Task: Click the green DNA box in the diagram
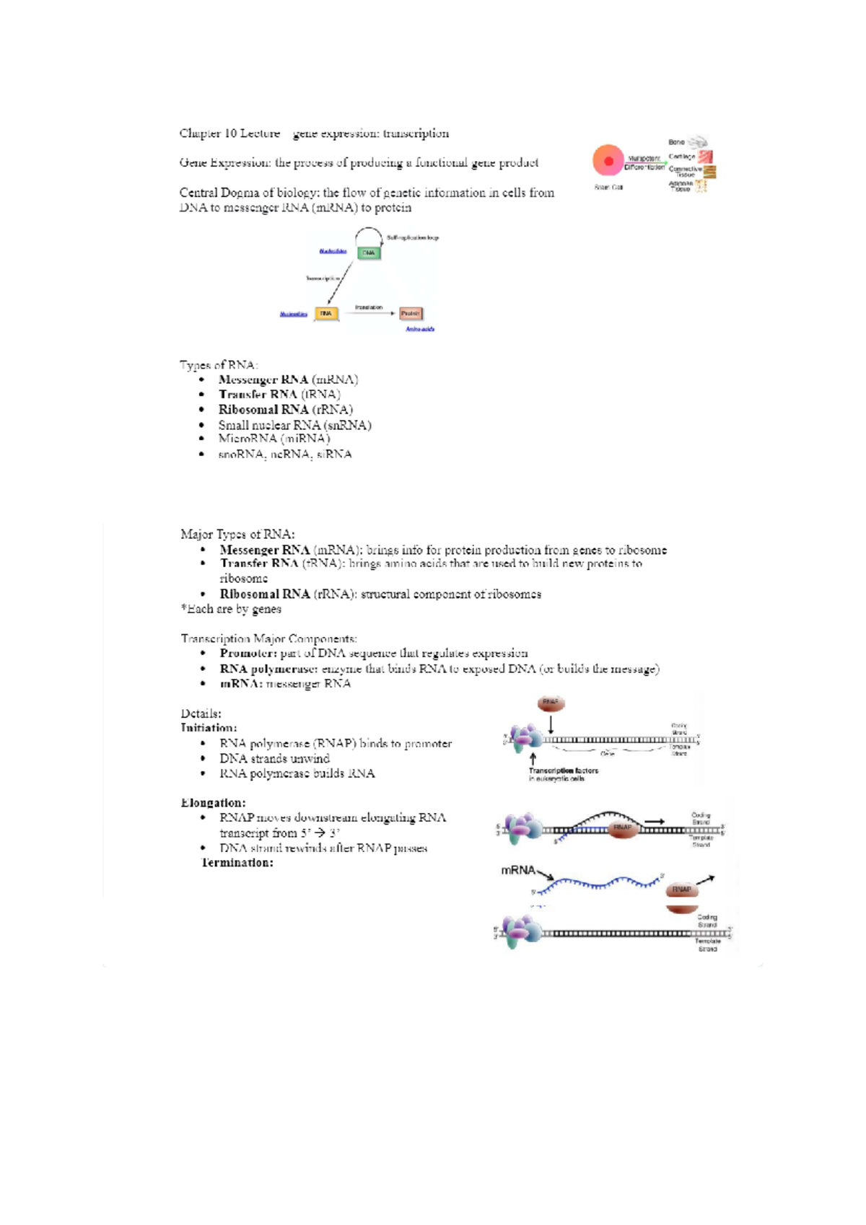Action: click(369, 253)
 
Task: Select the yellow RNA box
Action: click(326, 314)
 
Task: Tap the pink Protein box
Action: click(411, 314)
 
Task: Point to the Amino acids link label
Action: click(419, 329)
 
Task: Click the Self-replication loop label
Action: click(412, 237)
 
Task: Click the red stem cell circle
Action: click(608, 160)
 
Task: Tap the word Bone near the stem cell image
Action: click(676, 142)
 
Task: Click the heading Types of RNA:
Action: click(218, 365)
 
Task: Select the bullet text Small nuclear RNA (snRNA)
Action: click(294, 425)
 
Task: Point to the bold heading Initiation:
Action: click(209, 728)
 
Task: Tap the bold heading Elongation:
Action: click(213, 803)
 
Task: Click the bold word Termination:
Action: click(237, 863)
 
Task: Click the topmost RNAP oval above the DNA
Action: click(551, 703)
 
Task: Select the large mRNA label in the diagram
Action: click(517, 870)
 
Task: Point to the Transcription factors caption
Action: click(563, 770)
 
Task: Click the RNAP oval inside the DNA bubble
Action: click(622, 827)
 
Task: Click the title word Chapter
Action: click(200, 133)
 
